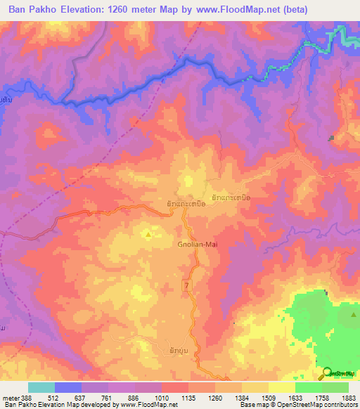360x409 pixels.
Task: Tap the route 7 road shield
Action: click(187, 284)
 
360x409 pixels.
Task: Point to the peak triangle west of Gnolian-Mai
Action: click(148, 236)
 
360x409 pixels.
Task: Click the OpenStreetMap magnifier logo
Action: click(327, 374)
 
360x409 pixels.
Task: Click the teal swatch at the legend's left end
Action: click(41, 387)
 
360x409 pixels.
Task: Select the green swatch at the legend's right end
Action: click(335, 387)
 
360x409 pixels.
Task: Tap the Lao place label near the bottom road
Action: click(179, 349)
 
